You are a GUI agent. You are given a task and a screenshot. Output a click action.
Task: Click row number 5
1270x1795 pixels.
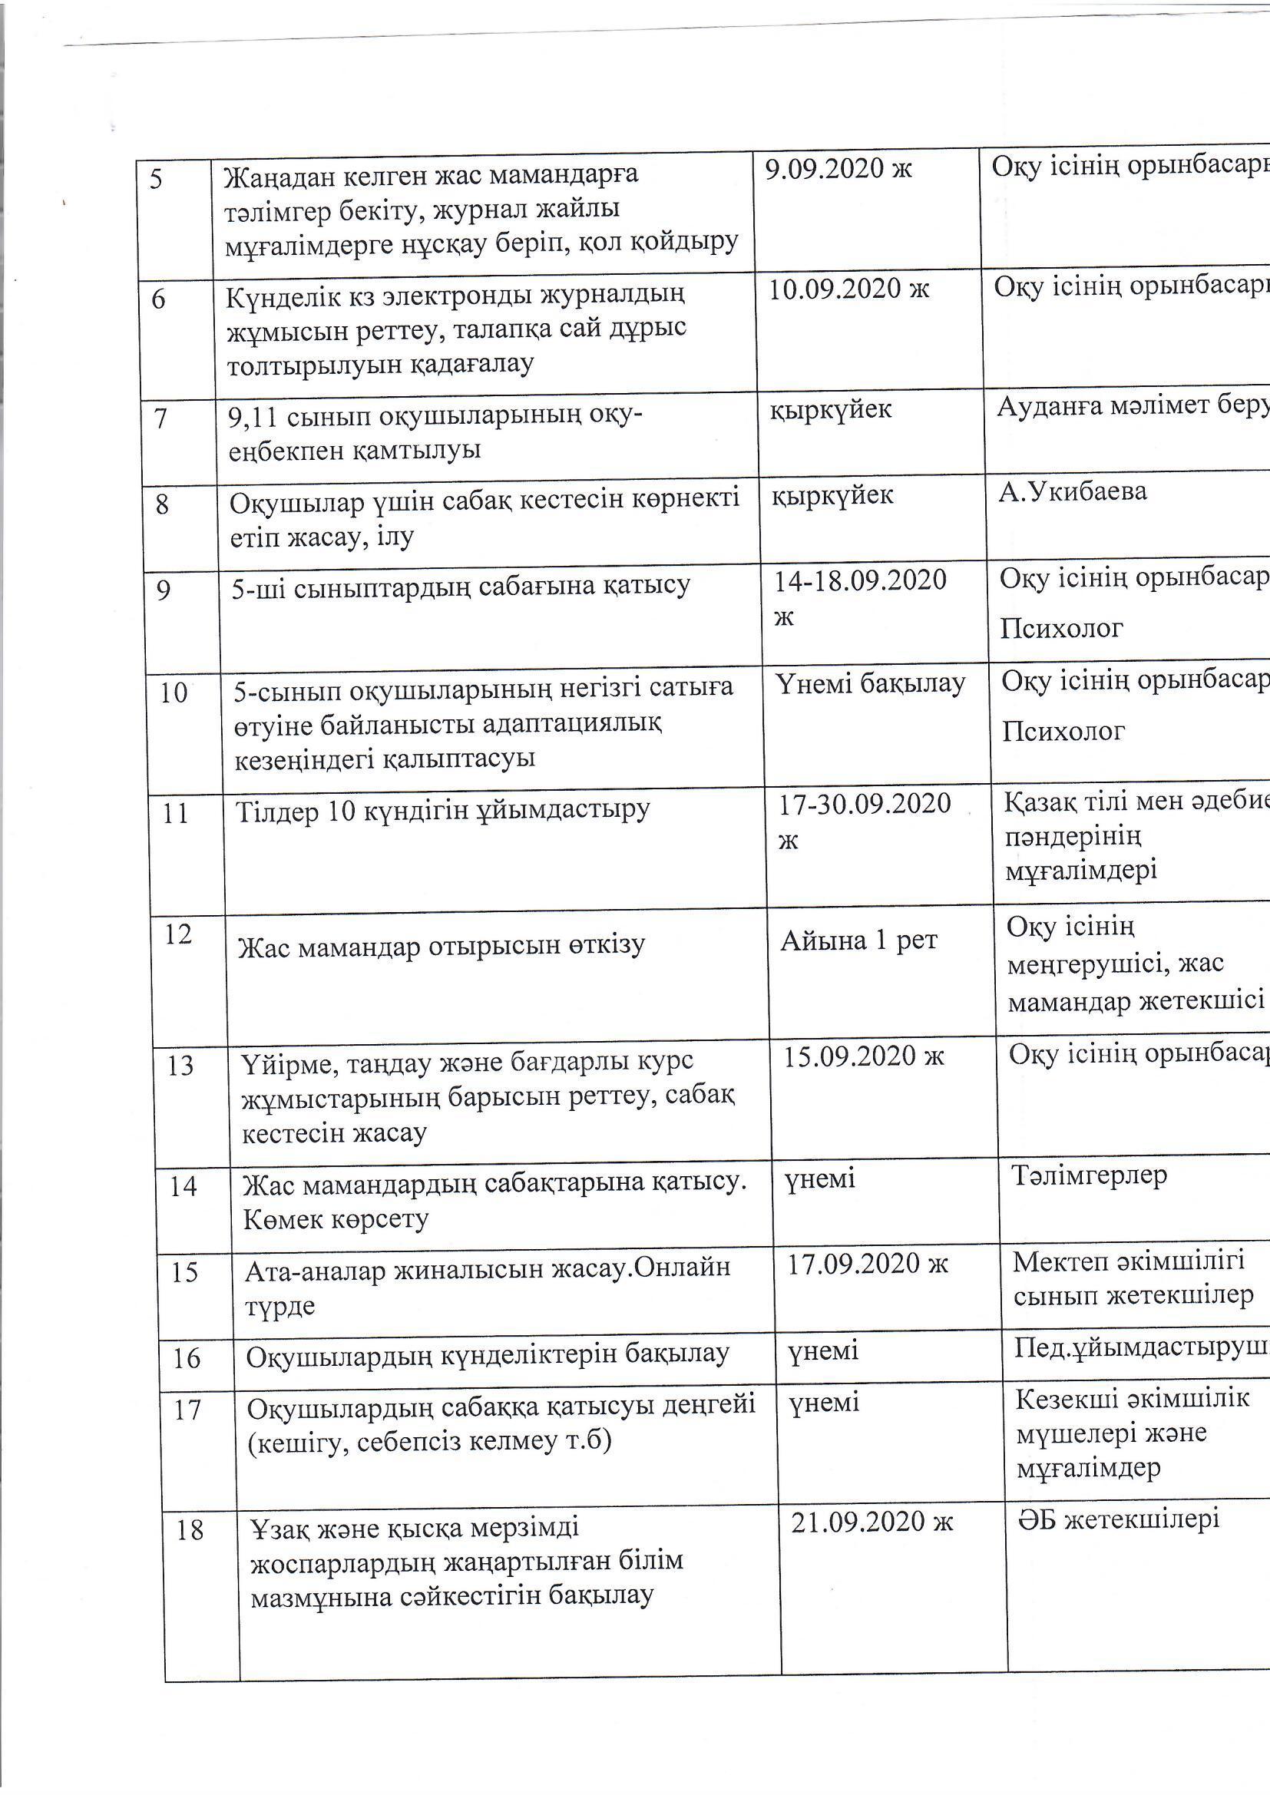point(157,180)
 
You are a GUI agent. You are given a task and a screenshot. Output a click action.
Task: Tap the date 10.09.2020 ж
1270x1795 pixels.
point(849,289)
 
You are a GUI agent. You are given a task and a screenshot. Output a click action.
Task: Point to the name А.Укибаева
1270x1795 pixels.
point(1072,492)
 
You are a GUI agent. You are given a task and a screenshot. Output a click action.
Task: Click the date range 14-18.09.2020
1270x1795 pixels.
point(859,581)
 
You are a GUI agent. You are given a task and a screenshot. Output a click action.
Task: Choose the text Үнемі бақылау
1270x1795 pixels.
point(871,683)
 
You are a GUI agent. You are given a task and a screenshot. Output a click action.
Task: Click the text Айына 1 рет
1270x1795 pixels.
point(858,940)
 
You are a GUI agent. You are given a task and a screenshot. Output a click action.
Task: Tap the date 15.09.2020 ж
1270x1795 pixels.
point(864,1056)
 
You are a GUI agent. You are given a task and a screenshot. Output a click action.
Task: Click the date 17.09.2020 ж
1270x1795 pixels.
point(867,1264)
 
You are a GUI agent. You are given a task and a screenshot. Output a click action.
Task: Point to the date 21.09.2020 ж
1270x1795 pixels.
point(872,1522)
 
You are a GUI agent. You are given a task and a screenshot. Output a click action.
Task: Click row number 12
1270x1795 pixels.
point(178,934)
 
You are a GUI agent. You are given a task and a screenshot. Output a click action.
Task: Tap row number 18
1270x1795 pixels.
point(190,1530)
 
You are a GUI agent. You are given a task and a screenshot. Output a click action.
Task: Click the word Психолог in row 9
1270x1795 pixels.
point(1061,628)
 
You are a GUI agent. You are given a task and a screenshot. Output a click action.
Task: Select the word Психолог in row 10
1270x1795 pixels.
point(1063,731)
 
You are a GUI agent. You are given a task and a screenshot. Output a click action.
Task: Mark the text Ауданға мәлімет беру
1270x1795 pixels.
point(1133,408)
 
